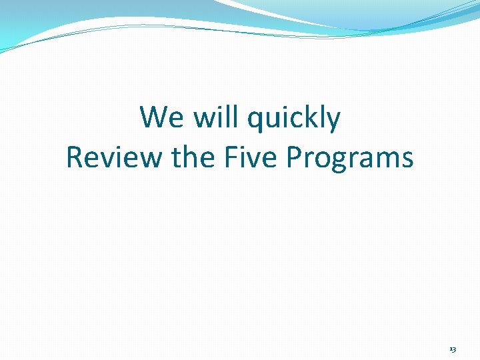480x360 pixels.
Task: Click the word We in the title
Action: [161, 119]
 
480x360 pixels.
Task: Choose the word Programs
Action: [350, 159]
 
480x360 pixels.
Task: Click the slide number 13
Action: [453, 349]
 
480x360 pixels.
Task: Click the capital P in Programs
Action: [294, 157]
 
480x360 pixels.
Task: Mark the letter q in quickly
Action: [255, 121]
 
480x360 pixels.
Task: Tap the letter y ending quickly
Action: [333, 123]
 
